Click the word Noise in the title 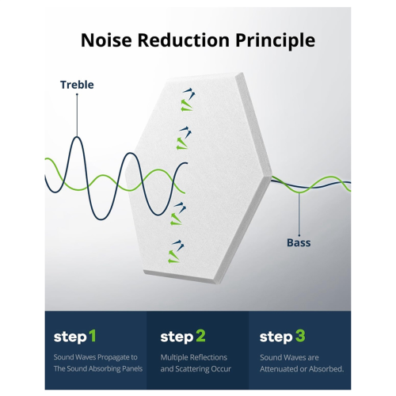click(106, 40)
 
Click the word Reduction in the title click(184, 40)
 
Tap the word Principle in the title click(275, 41)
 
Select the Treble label click(77, 85)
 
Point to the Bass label click(299, 242)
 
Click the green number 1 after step click(92, 336)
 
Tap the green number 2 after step click(200, 336)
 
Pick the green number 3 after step click(300, 336)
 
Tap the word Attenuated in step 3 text click(280, 369)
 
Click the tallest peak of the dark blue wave click(77, 137)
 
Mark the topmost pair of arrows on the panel click(188, 100)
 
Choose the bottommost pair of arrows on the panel click(176, 252)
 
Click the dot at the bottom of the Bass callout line click(299, 235)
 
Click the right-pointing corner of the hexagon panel click(272, 175)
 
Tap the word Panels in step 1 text click(132, 368)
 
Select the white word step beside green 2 click(177, 337)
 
